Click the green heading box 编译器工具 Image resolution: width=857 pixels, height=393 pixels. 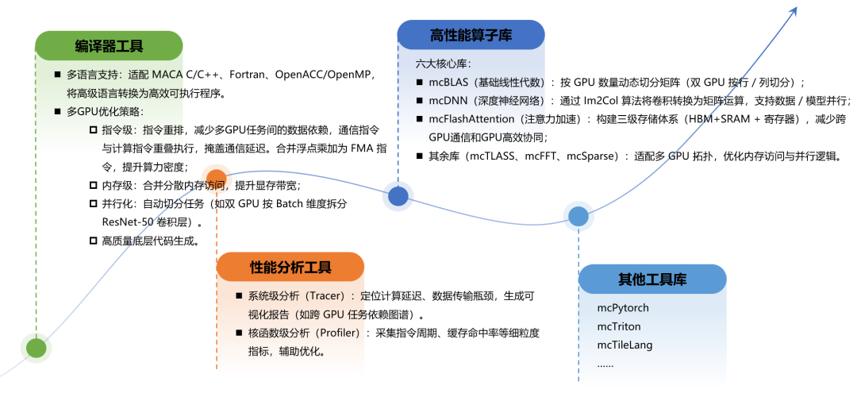point(109,46)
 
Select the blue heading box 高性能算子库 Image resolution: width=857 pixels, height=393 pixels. point(471,36)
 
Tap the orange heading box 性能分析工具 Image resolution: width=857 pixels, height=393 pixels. point(290,267)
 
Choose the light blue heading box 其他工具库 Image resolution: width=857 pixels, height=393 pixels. point(652,279)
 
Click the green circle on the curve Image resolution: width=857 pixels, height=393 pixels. point(37,348)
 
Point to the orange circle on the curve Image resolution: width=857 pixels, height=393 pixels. point(216,179)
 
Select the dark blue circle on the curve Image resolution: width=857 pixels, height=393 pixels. point(398,195)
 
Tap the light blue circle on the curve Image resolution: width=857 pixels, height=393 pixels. point(578,216)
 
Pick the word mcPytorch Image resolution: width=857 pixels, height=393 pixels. point(623,307)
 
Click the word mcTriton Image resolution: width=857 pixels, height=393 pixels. point(619,326)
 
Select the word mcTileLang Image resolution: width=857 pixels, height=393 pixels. point(624,345)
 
